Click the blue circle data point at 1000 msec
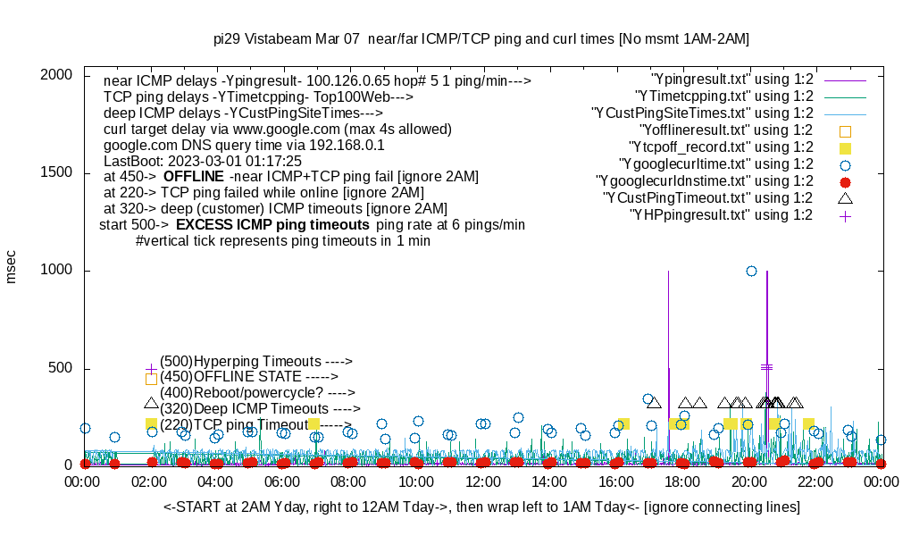(x=751, y=271)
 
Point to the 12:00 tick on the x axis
(x=483, y=481)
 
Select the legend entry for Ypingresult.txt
(x=731, y=79)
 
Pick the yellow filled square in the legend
(x=845, y=147)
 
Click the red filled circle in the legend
(x=845, y=181)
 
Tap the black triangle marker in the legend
(x=845, y=197)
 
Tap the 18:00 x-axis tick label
(x=682, y=481)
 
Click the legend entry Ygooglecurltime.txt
(x=715, y=164)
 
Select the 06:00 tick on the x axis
(x=283, y=481)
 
